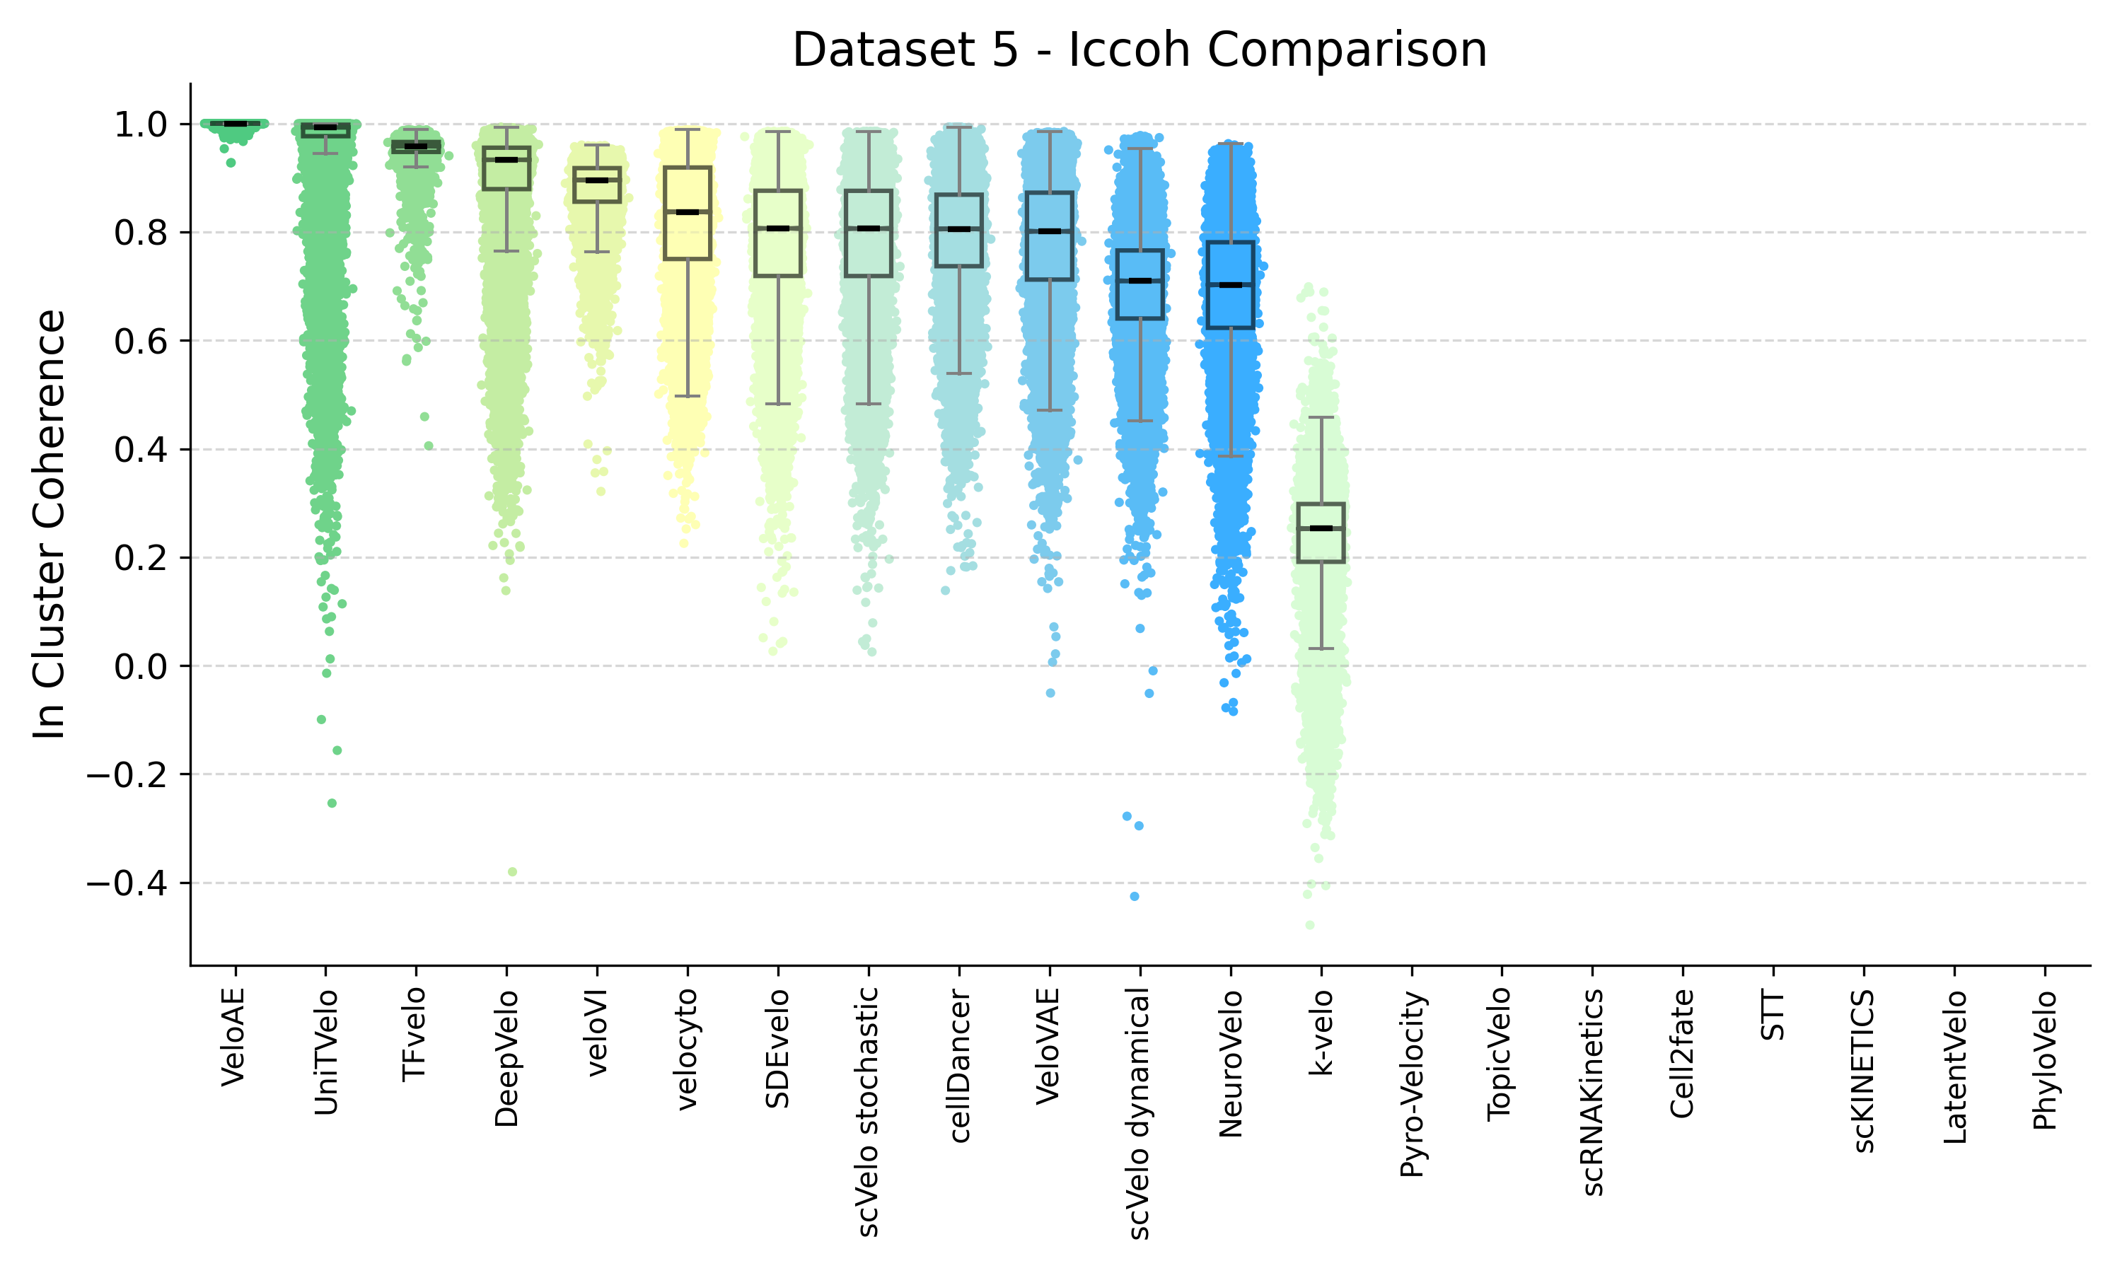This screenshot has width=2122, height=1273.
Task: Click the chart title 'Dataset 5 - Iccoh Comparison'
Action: pyautogui.click(x=1138, y=50)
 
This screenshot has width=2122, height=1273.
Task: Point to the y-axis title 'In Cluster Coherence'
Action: pyautogui.click(x=50, y=523)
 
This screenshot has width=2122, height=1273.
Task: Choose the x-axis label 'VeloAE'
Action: pyautogui.click(x=233, y=1036)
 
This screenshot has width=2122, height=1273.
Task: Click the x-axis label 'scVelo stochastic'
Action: pyautogui.click(x=868, y=1111)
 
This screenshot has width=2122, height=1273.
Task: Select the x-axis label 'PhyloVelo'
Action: pyautogui.click(x=2044, y=1060)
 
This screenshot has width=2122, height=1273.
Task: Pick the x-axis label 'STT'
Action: pyautogui.click(x=1773, y=1016)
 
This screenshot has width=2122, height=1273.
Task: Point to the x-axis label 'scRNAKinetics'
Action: pyautogui.click(x=1592, y=1092)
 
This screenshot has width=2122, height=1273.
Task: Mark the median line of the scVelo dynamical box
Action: pyautogui.click(x=1140, y=281)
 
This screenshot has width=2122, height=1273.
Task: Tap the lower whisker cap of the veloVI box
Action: pyautogui.click(x=597, y=252)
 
